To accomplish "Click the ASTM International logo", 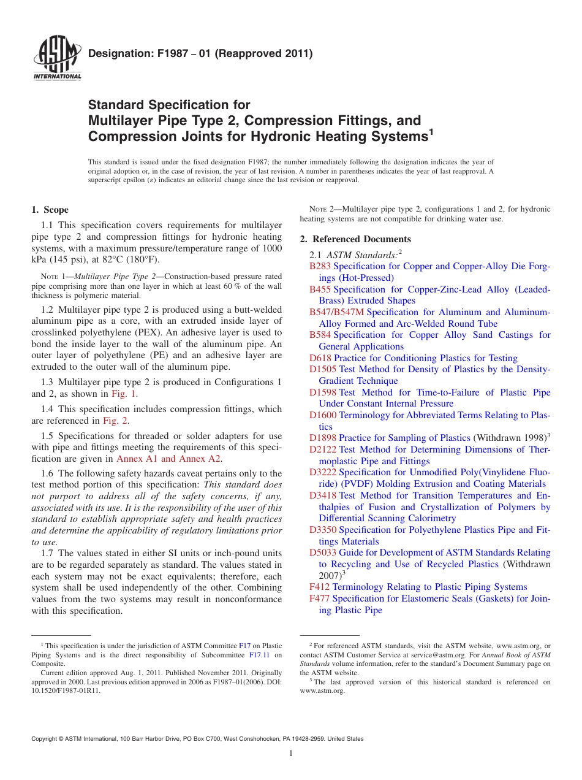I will click(57, 59).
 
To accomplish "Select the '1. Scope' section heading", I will click(50, 210).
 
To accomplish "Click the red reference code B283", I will click(320, 266).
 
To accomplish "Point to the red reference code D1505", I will click(323, 369).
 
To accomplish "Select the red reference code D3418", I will click(323, 495).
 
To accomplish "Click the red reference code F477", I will click(319, 598).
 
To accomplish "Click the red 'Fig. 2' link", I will click(115, 421).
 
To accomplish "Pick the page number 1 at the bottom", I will click(291, 754).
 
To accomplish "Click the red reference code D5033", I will click(323, 552).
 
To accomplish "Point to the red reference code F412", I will click(319, 587).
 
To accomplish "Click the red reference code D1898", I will click(323, 438).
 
